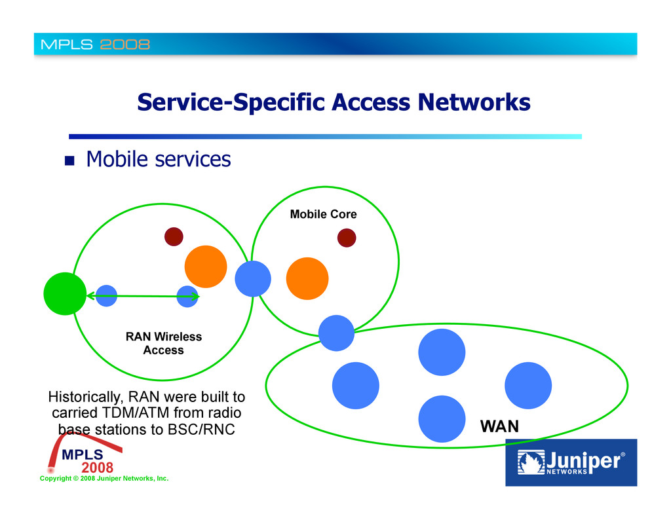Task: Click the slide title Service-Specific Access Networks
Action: point(334,102)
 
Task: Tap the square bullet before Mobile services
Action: point(69,160)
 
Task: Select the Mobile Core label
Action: point(323,214)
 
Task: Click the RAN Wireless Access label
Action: point(164,343)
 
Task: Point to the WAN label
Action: point(499,427)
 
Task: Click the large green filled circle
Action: point(65,294)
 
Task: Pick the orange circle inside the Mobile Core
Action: point(307,278)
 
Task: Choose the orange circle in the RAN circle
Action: point(206,267)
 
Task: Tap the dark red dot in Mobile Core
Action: point(347,238)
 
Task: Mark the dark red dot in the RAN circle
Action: point(174,236)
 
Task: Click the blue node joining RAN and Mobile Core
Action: point(253,278)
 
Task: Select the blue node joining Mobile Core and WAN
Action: point(336,333)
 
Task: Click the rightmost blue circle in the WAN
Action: point(528,385)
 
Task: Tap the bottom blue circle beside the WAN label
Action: point(442,418)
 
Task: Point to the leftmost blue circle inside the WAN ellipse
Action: point(356,385)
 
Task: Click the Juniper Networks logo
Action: point(571,462)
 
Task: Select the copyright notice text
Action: point(104,479)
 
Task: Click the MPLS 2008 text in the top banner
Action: point(96,45)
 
